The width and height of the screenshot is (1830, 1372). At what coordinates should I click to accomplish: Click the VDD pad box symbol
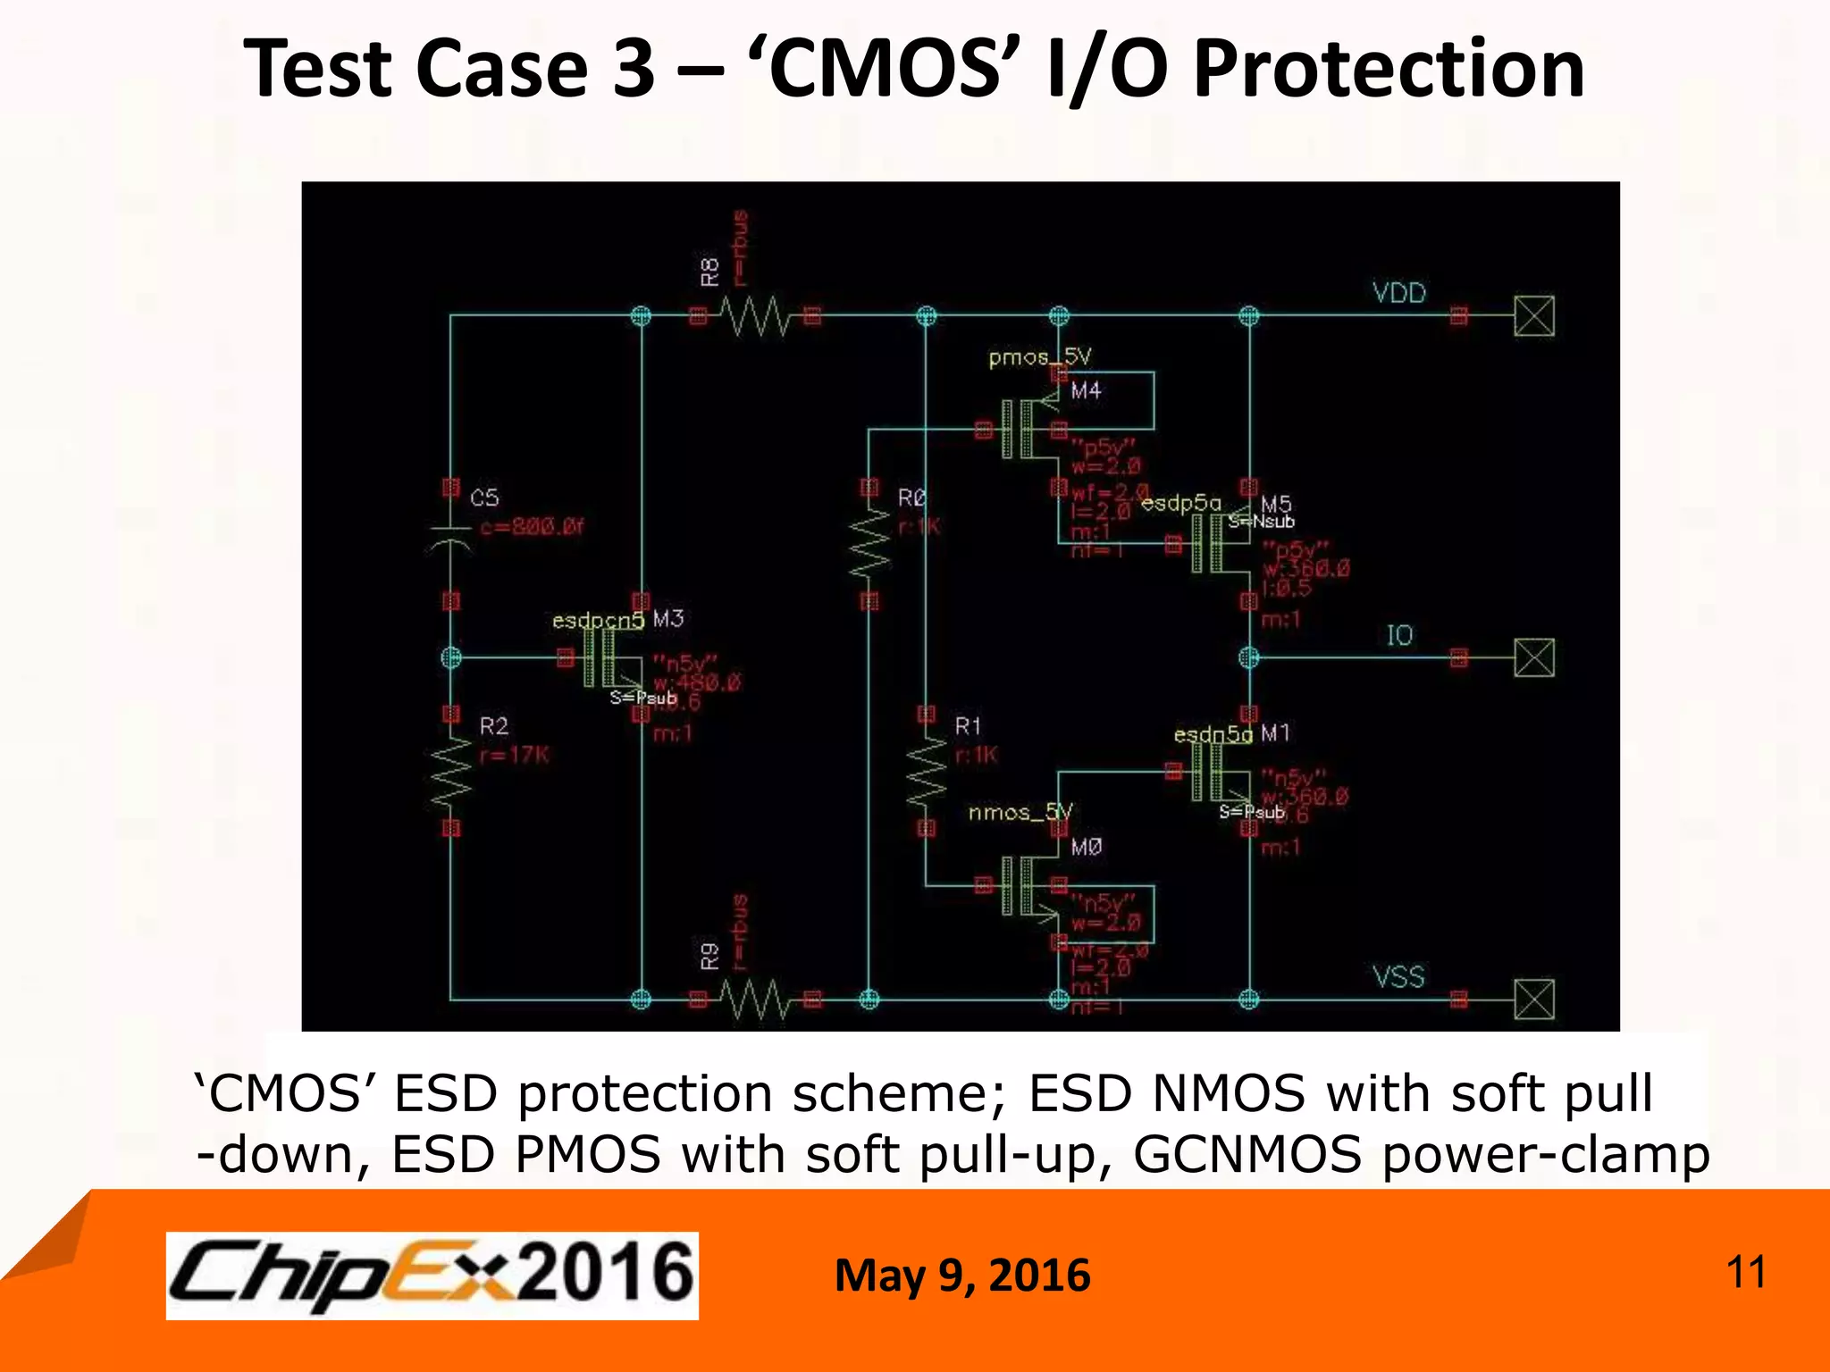coord(1534,316)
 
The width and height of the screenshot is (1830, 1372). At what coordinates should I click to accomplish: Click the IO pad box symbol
coord(1534,658)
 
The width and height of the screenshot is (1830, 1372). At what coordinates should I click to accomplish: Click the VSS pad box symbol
coord(1534,1000)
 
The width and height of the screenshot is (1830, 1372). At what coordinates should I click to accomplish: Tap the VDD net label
coord(1399,293)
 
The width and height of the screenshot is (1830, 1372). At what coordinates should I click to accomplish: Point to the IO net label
coord(1399,635)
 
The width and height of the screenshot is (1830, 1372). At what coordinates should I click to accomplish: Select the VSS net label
coord(1398,976)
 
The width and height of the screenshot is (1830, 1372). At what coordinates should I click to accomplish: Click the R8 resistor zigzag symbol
coord(756,316)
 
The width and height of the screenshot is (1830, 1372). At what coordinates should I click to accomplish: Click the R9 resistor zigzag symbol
coord(756,1000)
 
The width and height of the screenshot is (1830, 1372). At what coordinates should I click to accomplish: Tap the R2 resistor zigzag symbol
coord(451,772)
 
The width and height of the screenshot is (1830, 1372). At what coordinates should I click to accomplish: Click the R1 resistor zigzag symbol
coord(927,772)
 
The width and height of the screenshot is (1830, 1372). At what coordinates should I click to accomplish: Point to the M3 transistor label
coord(668,618)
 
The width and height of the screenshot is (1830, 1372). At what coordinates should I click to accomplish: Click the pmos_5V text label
coord(1039,357)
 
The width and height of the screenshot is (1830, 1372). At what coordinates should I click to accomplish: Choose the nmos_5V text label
coord(1020,812)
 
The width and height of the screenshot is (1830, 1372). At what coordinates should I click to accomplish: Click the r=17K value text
coord(515,756)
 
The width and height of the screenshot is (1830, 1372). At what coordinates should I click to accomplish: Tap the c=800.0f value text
coord(532,527)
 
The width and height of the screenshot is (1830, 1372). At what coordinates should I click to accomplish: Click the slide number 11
coord(1746,1272)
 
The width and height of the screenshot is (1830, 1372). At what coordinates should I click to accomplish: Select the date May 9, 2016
coord(962,1276)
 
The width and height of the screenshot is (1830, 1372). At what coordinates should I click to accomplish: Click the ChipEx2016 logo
coord(432,1275)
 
